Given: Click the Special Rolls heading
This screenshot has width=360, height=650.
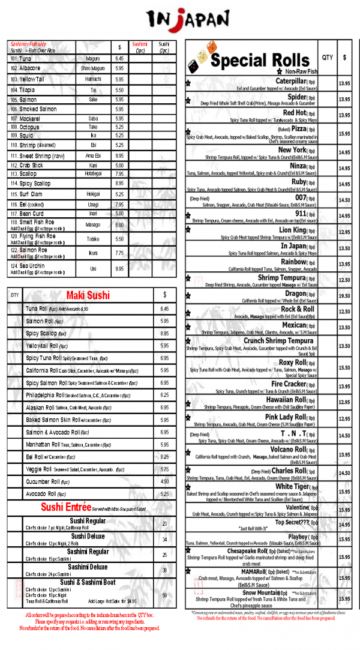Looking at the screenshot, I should pos(259,61).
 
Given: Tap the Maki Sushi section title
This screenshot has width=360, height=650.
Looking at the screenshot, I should pos(88,295).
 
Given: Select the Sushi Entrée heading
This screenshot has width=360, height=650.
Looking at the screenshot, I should pos(67,508).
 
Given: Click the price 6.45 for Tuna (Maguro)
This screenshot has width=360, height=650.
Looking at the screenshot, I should pos(119,59).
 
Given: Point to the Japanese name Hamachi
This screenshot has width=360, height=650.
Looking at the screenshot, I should pos(93,79).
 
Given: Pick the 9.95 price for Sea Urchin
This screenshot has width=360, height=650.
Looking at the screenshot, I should pos(119,269).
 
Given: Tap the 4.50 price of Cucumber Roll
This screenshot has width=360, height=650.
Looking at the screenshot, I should pos(164,481).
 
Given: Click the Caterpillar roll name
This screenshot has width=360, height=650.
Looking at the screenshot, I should pos(291,81).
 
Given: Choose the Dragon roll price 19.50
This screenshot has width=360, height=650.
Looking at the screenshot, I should pos(344,296).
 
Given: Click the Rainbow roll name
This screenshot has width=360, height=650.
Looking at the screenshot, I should pos(293,262).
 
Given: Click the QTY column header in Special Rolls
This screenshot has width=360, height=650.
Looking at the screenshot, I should pos(327,58).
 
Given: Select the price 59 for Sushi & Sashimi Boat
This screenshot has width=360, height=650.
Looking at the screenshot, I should pos(164,595).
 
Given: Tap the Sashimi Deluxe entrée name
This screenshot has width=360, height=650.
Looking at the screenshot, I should pos(88,567).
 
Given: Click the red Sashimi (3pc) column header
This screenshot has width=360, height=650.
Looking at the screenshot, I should pos(140,47).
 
